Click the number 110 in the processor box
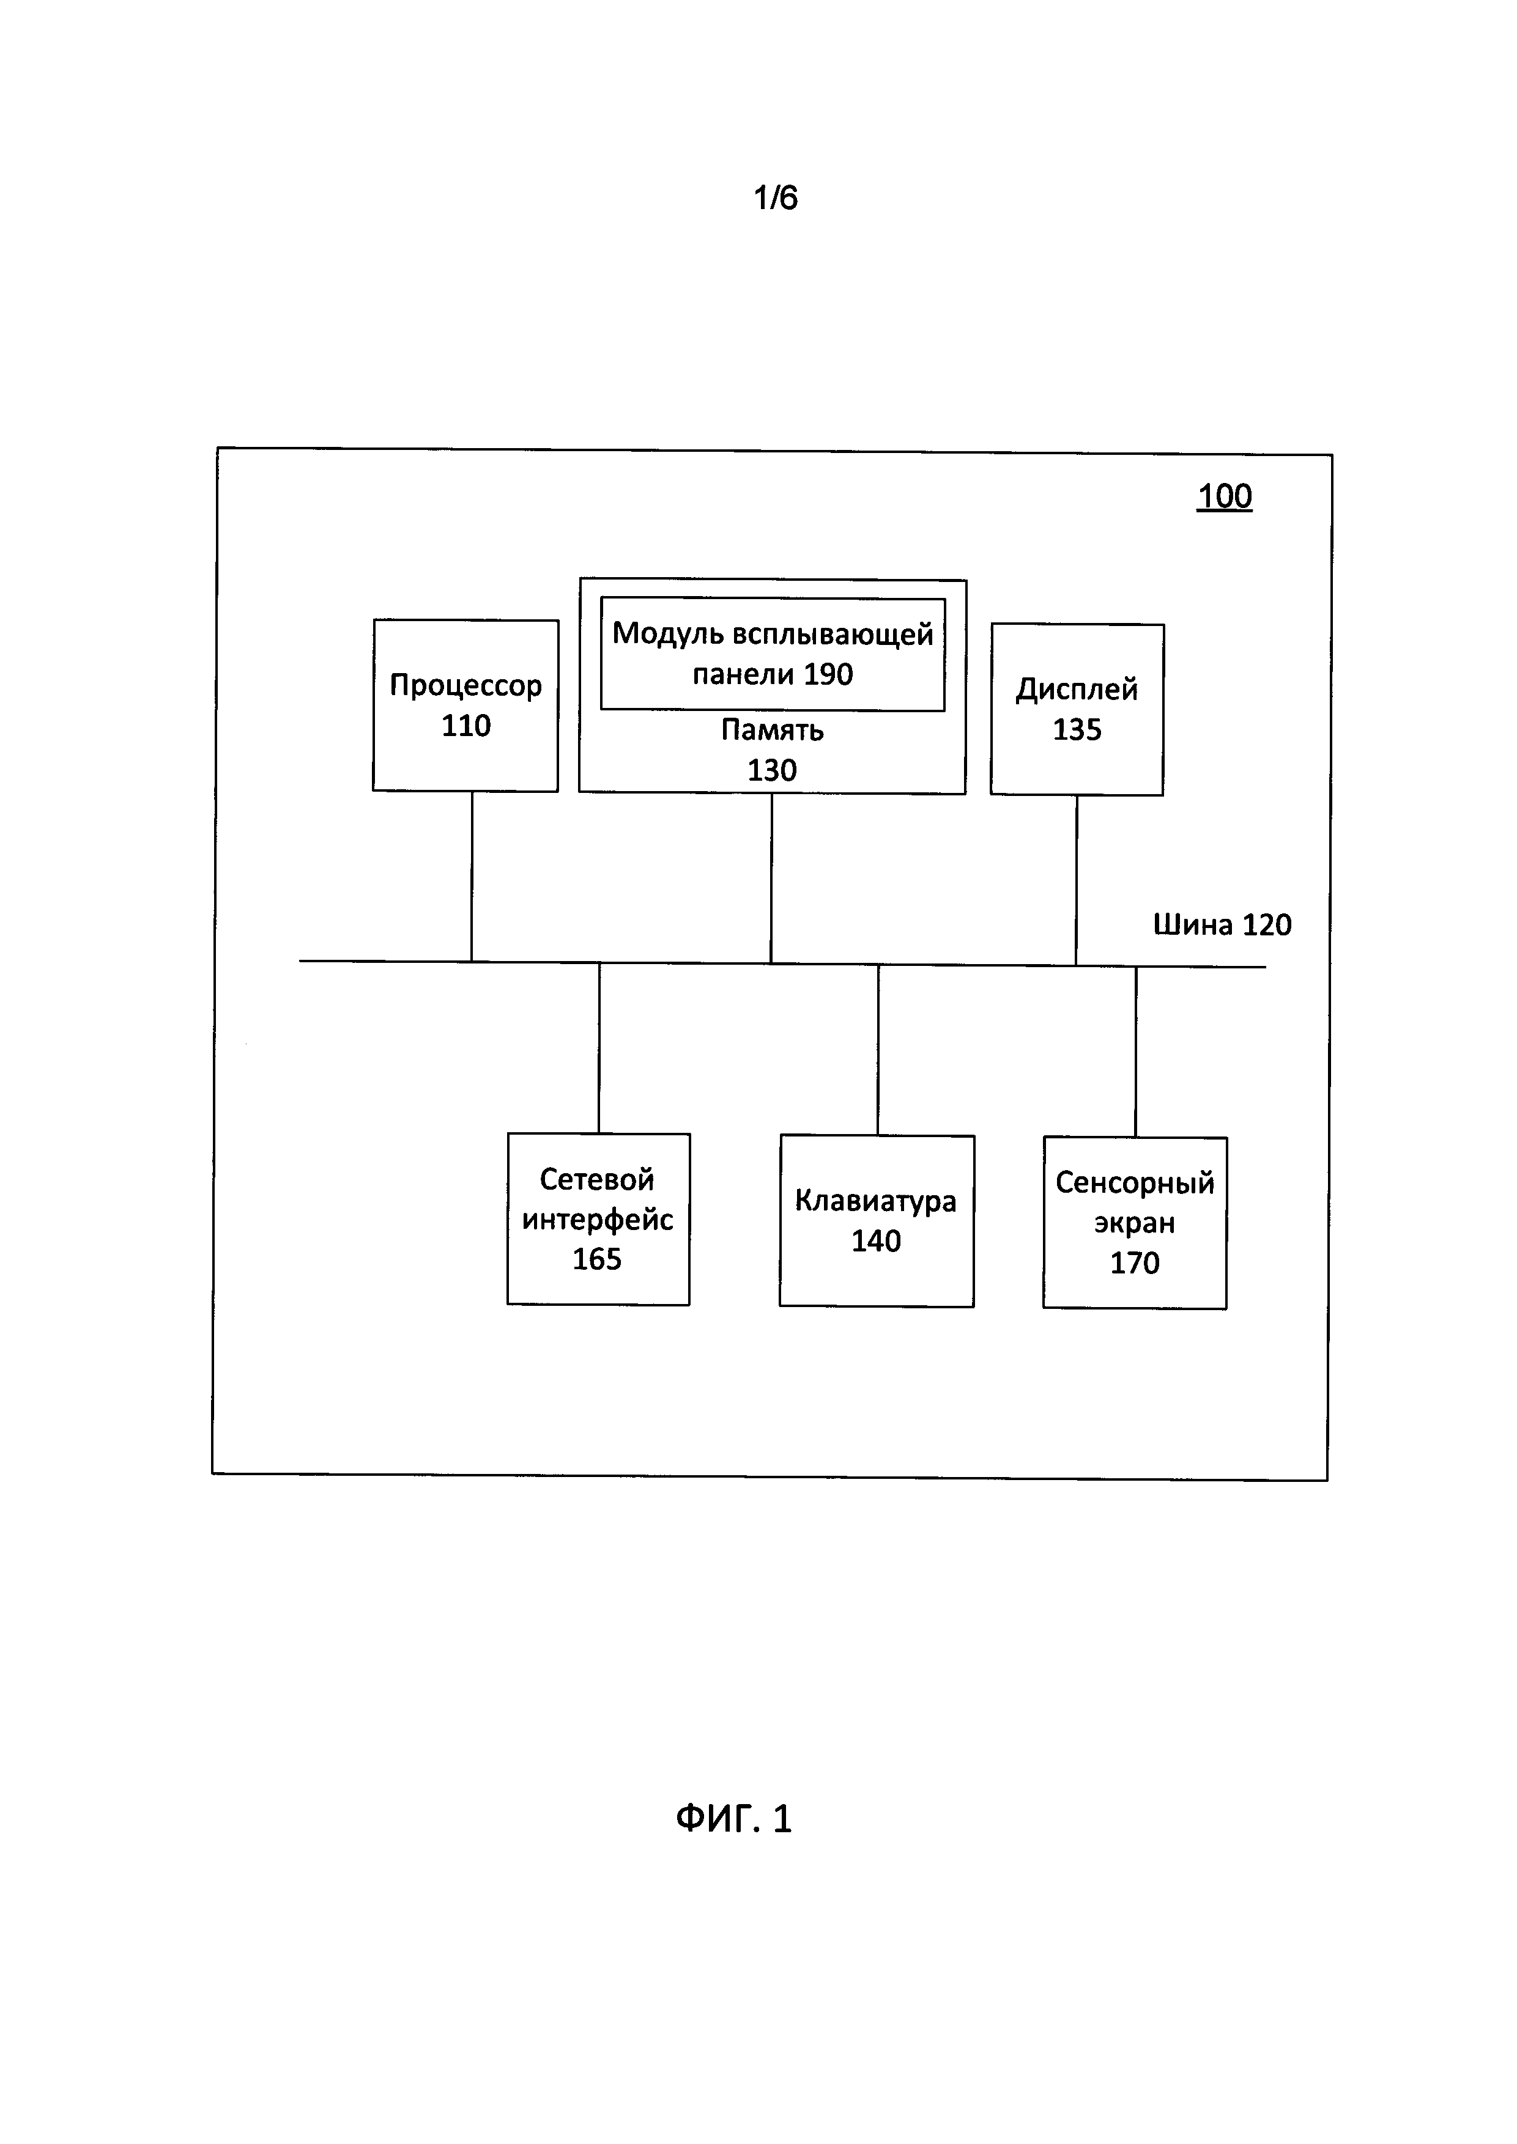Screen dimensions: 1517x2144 coord(465,726)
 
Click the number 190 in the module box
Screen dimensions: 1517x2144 coord(828,674)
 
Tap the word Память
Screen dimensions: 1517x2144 coord(771,730)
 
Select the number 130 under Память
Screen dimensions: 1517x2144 coord(771,770)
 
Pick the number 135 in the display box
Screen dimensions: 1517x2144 coord(1077,730)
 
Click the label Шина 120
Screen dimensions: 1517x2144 coord(1222,924)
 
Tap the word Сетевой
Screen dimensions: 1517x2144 coord(597,1179)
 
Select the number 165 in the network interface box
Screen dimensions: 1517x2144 coord(597,1259)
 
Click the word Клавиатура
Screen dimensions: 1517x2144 coord(875,1201)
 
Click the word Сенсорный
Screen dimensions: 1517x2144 coord(1135,1183)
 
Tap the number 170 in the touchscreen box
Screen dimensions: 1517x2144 coord(1135,1262)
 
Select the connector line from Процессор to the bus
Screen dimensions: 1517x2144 coord(472,876)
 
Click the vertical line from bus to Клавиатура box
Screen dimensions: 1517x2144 coord(878,1050)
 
